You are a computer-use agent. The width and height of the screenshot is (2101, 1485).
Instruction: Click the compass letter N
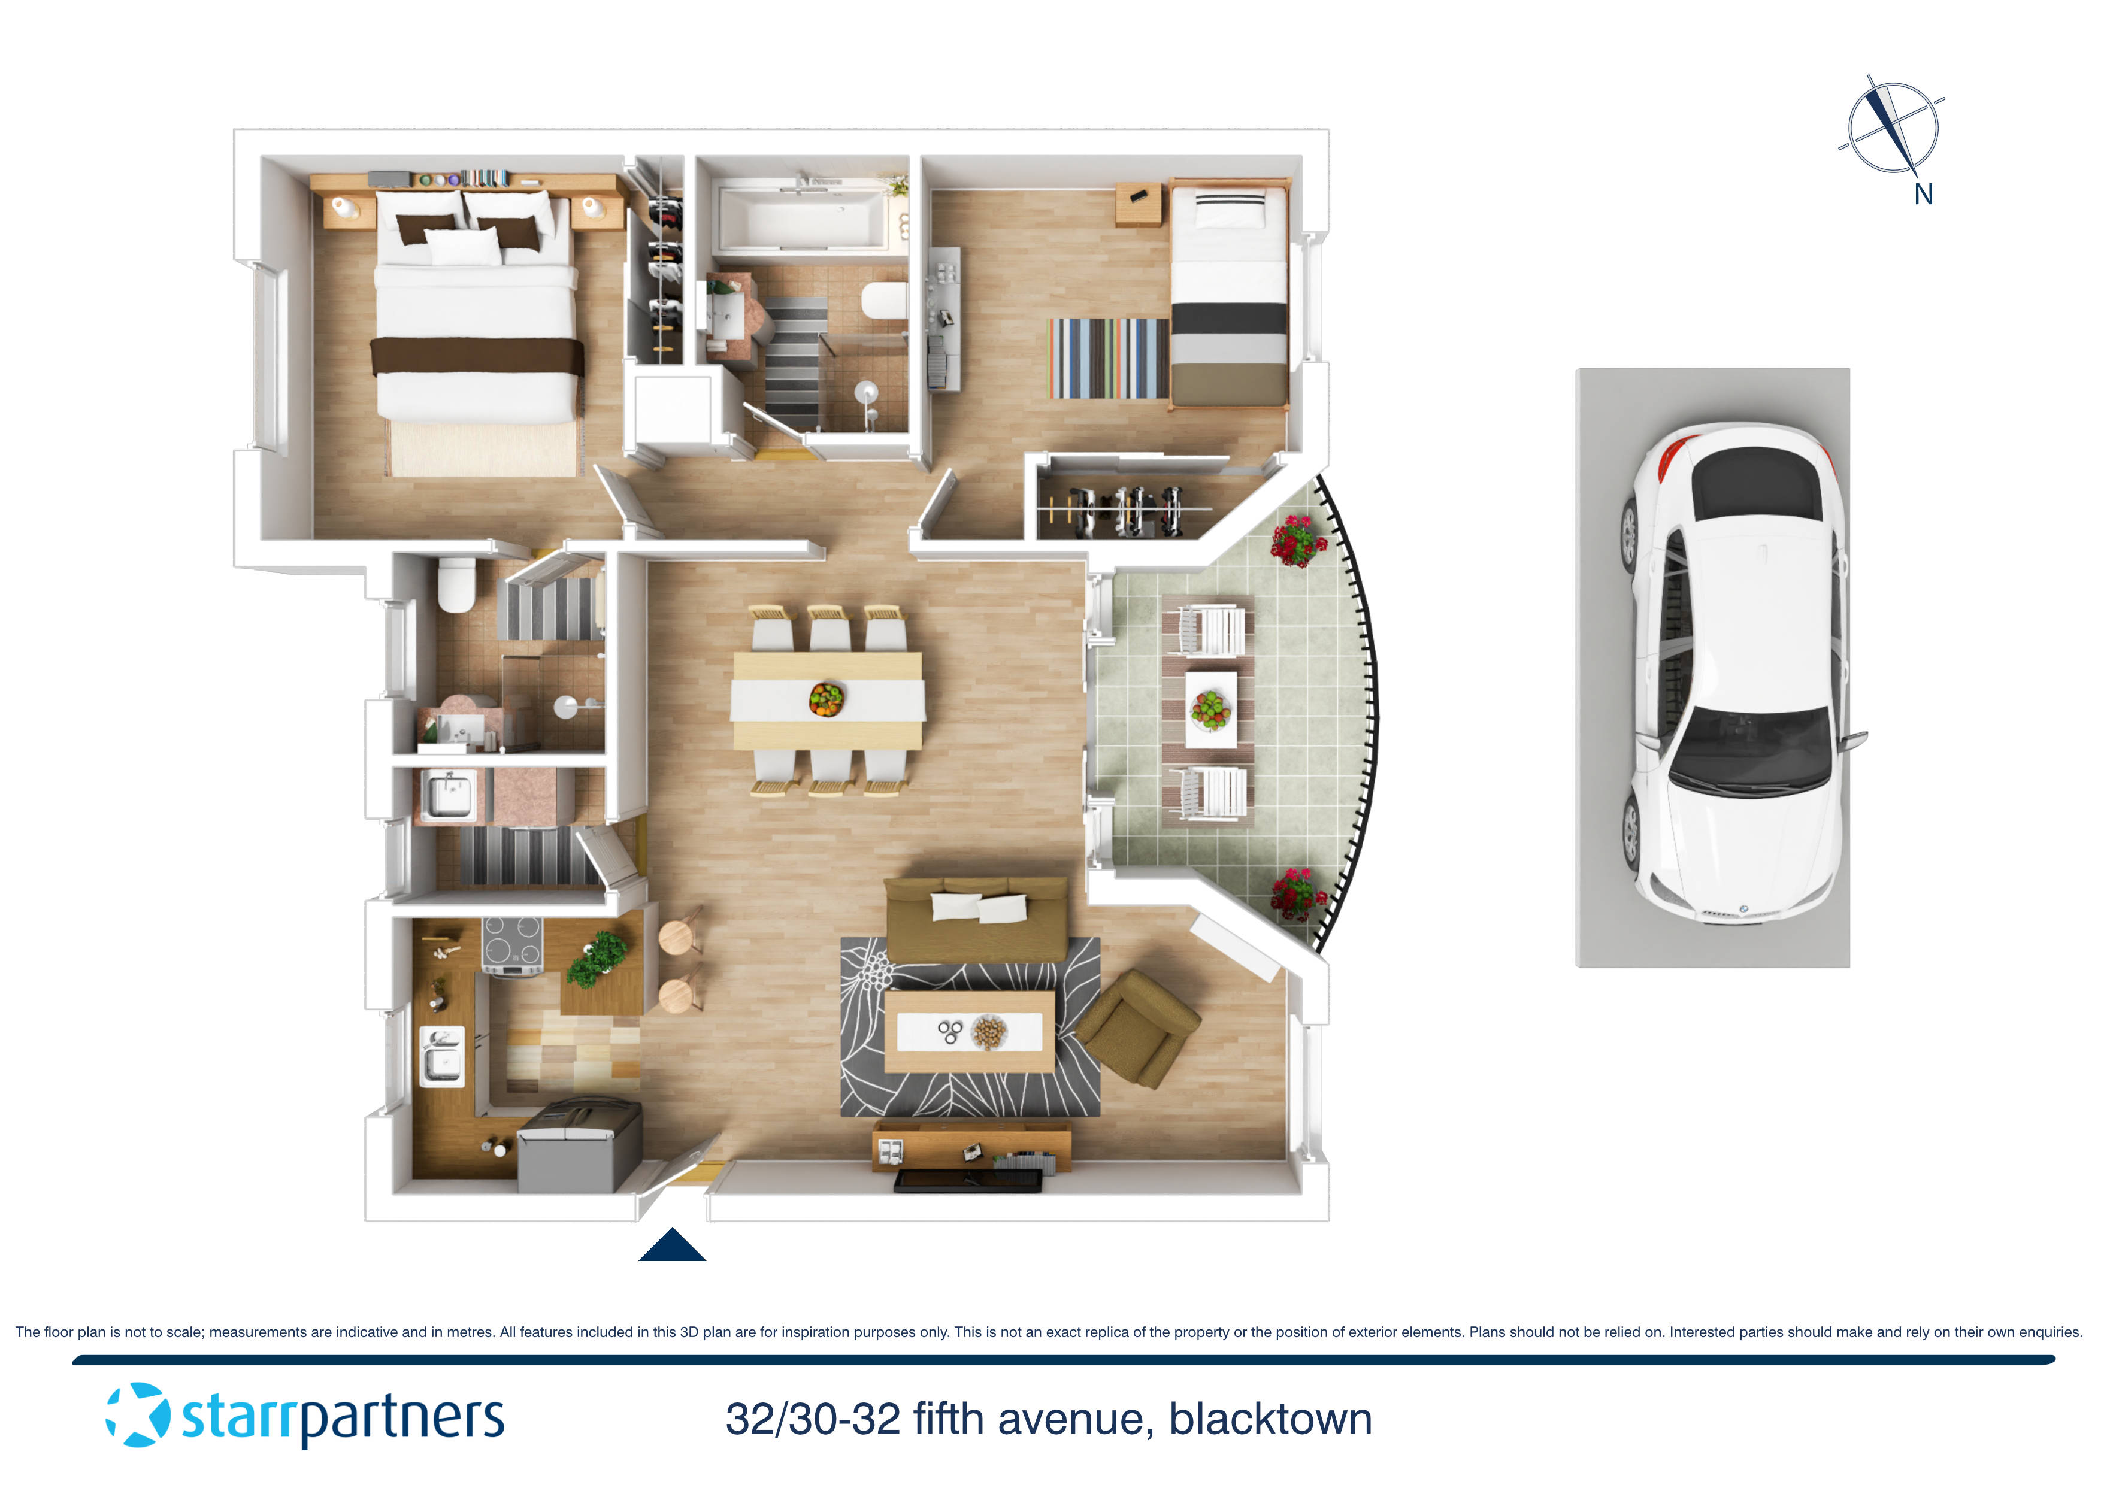tap(1923, 195)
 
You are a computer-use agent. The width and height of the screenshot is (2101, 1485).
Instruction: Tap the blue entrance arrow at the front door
tap(671, 1246)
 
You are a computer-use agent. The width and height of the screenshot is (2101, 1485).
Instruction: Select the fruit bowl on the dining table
tap(825, 699)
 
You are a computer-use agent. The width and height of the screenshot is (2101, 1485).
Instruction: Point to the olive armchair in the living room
tap(1137, 1028)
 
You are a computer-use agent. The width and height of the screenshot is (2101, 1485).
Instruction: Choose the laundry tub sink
tap(447, 794)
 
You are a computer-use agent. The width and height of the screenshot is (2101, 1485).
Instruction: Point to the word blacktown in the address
tap(1270, 1419)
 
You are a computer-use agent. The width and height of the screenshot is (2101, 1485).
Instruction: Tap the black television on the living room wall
tap(967, 1182)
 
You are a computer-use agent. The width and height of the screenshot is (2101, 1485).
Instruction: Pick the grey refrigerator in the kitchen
tap(579, 1147)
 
